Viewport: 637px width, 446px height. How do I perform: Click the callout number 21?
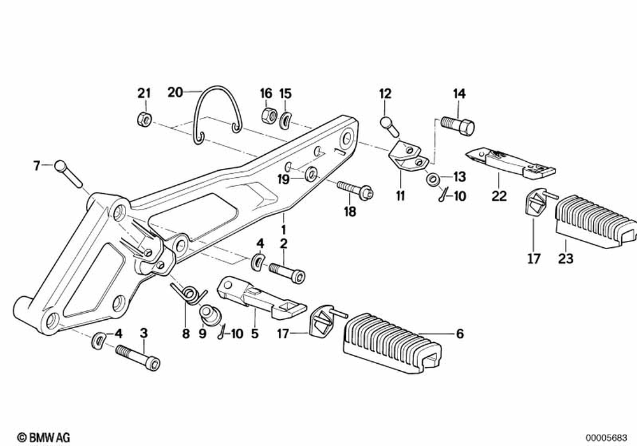pos(145,94)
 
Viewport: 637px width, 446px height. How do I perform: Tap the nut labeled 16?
pos(268,116)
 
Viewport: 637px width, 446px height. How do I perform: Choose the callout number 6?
pos(459,333)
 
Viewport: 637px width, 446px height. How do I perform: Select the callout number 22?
pos(499,196)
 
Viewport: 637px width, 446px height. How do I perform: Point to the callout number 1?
pos(283,228)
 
